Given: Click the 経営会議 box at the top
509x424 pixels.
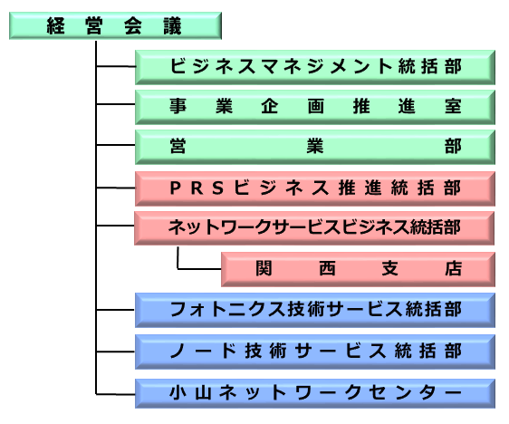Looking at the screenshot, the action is [x=115, y=26].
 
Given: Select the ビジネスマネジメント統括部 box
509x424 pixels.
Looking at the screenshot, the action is [x=315, y=67].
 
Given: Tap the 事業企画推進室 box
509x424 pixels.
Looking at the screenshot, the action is [x=315, y=107].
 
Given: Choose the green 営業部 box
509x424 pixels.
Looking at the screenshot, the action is [x=315, y=147].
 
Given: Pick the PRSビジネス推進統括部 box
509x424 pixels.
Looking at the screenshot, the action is [x=315, y=188].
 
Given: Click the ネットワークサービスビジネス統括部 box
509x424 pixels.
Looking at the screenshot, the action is [x=314, y=228].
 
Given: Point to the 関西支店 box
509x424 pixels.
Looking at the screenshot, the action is [x=358, y=269].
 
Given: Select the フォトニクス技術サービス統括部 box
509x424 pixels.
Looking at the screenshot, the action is [x=315, y=310].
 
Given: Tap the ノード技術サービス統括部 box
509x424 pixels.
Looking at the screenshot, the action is [x=315, y=352].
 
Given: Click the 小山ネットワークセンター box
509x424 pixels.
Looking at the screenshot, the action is [x=315, y=393].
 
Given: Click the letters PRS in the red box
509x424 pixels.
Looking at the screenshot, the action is [x=197, y=188].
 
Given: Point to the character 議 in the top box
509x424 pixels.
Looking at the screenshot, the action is [x=172, y=26].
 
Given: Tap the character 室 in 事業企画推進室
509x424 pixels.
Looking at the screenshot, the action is [x=453, y=107].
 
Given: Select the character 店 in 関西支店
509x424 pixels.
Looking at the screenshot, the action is [x=453, y=269].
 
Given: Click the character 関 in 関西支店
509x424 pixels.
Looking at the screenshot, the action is [x=264, y=269].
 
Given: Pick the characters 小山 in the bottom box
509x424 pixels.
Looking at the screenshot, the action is [x=190, y=392].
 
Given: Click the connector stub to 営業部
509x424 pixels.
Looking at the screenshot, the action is [x=116, y=145].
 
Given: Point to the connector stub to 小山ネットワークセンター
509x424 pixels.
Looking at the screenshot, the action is [x=116, y=394].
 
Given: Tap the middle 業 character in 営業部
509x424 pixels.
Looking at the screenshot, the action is [x=315, y=146].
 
